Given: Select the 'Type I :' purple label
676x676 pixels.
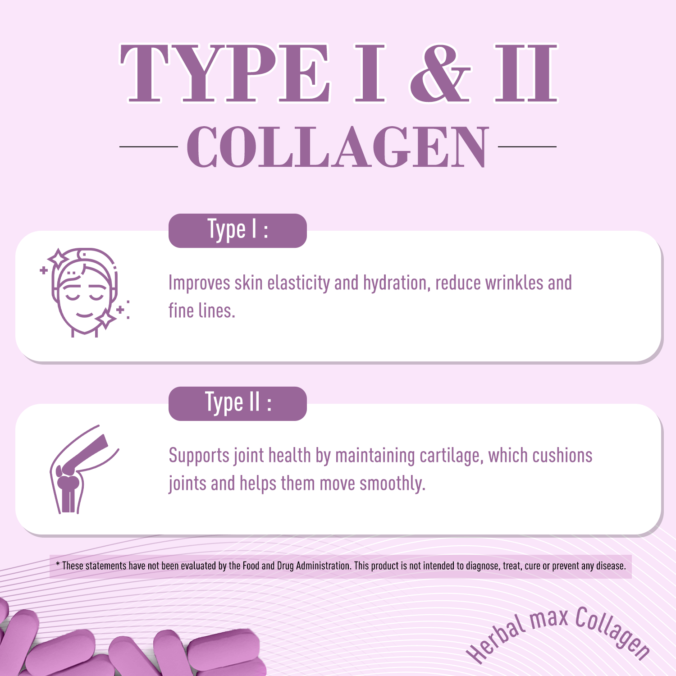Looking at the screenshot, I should tap(238, 230).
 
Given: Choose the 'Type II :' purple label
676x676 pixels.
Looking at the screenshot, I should tap(238, 403).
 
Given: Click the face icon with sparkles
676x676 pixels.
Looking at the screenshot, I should tap(85, 292).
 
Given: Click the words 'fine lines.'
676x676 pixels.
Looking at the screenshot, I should tap(202, 311).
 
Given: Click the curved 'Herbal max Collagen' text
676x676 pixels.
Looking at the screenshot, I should tap(559, 633).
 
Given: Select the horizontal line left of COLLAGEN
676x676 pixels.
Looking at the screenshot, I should tap(149, 147).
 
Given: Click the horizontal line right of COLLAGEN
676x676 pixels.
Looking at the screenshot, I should tap(527, 147).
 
